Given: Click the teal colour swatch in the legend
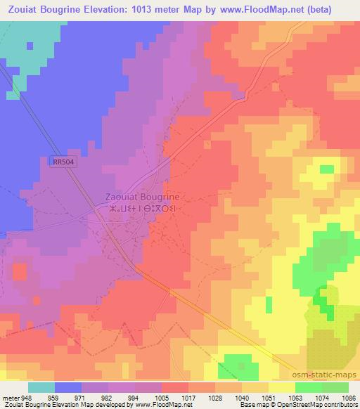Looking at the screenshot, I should pos(41,387).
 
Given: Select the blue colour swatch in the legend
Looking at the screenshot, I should pos(68,387).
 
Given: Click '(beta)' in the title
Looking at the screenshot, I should pos(335,8).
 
